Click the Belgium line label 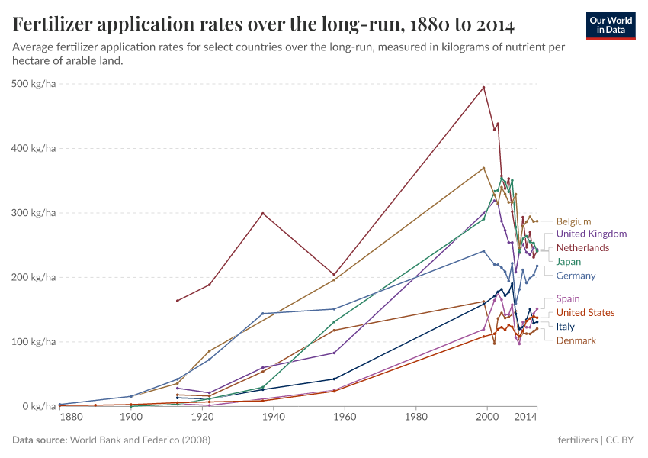(x=573, y=221)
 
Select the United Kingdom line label (x=592, y=234)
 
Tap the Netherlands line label (x=582, y=248)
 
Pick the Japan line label (x=569, y=262)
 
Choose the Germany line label (x=576, y=276)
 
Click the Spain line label (x=568, y=299)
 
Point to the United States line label (x=585, y=313)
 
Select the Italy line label (x=565, y=327)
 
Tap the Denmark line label (x=576, y=340)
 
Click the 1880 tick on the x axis (x=71, y=418)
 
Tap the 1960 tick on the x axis (x=345, y=418)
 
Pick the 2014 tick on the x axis (x=526, y=418)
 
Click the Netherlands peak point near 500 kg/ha (x=483, y=87)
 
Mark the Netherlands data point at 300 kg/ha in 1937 (x=263, y=213)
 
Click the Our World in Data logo (x=610, y=25)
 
